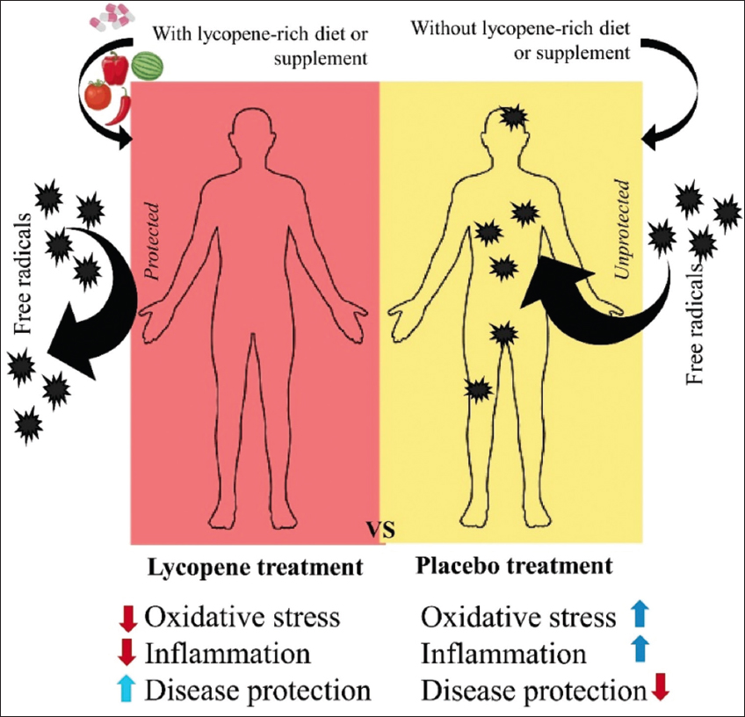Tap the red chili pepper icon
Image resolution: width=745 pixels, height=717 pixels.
coord(125,105)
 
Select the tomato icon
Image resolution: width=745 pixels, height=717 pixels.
coord(98,94)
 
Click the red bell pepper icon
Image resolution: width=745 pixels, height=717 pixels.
coord(115,68)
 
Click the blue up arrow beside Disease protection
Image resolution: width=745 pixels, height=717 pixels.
coord(127,690)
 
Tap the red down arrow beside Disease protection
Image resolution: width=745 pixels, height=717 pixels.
coord(661,689)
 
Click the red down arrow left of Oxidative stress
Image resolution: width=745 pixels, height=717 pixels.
coord(127,617)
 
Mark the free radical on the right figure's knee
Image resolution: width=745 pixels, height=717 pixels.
coord(477,389)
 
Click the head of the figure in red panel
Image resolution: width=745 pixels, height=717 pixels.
coord(255,132)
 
